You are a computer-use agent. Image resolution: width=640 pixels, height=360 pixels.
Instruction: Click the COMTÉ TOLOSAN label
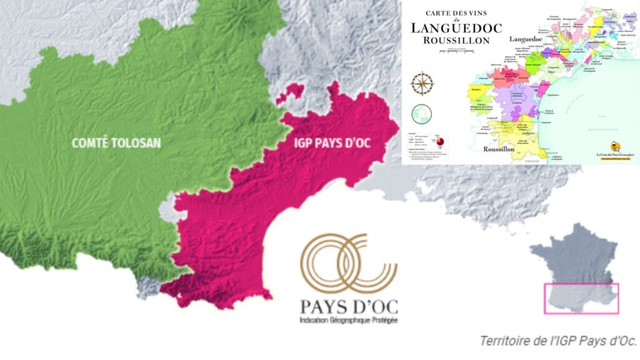pos(116,143)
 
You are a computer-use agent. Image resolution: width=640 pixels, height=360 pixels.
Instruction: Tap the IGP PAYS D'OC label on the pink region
pos(332,143)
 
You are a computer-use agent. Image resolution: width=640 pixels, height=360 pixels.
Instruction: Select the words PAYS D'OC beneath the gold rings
pos(349,307)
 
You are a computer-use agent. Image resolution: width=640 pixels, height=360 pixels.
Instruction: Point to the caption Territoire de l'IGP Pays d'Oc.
pos(558,341)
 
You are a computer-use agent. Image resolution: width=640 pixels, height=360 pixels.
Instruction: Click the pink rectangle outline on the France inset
pos(581,297)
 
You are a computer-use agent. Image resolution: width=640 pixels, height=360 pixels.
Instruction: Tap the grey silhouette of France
pos(572,256)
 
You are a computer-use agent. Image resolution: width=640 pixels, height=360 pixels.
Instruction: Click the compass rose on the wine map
pos(422,82)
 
